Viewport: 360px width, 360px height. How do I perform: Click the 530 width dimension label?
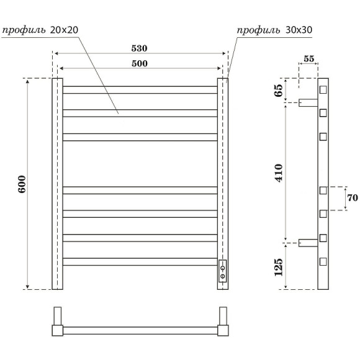(140, 48)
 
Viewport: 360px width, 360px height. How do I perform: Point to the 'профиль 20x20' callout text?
(40, 30)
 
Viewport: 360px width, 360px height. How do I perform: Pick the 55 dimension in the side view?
(308, 59)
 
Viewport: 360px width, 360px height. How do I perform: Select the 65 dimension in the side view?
(279, 91)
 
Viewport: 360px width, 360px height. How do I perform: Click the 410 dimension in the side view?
(279, 172)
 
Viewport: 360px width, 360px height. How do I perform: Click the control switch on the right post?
(222, 271)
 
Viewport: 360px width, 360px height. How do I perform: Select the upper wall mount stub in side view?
(308, 102)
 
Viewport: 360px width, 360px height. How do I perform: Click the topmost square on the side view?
(323, 90)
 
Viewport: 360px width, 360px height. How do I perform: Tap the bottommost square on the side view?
(323, 262)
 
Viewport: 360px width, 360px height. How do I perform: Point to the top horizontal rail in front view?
(140, 89)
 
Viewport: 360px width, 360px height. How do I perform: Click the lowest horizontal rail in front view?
(140, 262)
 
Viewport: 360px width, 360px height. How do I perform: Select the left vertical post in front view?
(57, 184)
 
